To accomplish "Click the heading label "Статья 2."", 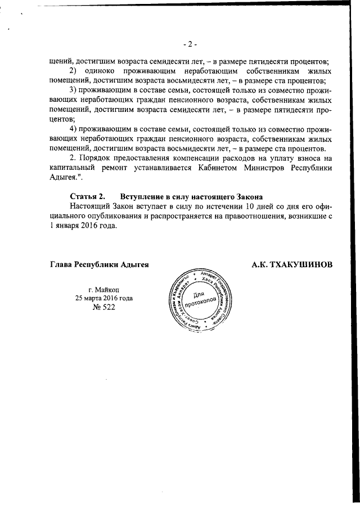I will click(x=87, y=197).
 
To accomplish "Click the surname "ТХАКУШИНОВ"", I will click(x=292, y=264).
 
